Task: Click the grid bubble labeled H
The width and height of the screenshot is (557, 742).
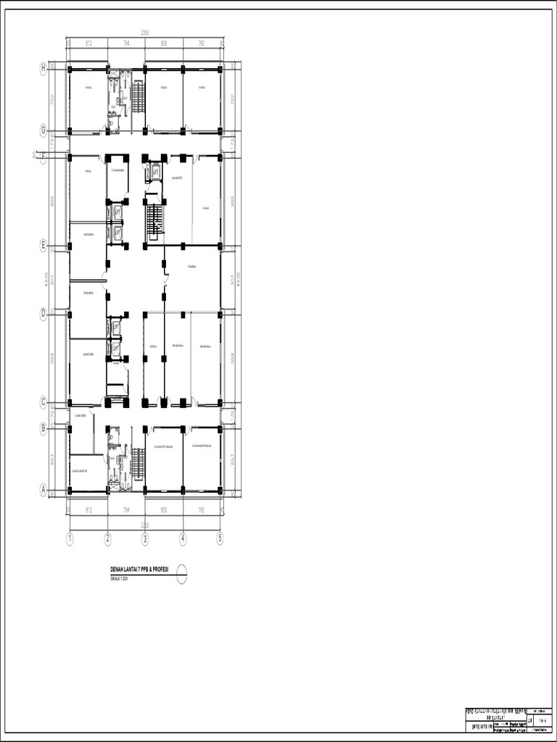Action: (44, 68)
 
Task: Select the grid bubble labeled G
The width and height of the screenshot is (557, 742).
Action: (44, 131)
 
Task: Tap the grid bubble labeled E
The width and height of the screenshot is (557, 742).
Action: (44, 246)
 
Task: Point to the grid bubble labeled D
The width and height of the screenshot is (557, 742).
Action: (44, 314)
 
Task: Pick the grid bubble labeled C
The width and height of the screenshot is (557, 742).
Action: (44, 403)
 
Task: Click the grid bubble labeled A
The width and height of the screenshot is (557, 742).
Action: (44, 491)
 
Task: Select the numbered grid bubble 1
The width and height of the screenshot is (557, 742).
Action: (70, 538)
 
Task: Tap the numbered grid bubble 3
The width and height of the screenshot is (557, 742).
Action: (145, 538)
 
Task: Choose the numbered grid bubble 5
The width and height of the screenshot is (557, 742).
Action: (220, 538)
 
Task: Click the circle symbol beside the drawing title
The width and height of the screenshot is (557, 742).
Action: (181, 572)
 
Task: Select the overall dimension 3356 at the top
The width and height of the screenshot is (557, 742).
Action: (145, 33)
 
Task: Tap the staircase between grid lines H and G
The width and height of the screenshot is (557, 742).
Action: (138, 97)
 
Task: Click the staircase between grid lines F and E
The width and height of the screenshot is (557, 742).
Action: (154, 221)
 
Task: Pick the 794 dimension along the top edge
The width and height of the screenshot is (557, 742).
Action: (126, 43)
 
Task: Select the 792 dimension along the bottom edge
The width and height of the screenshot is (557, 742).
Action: (202, 509)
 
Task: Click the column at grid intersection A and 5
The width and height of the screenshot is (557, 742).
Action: (220, 491)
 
